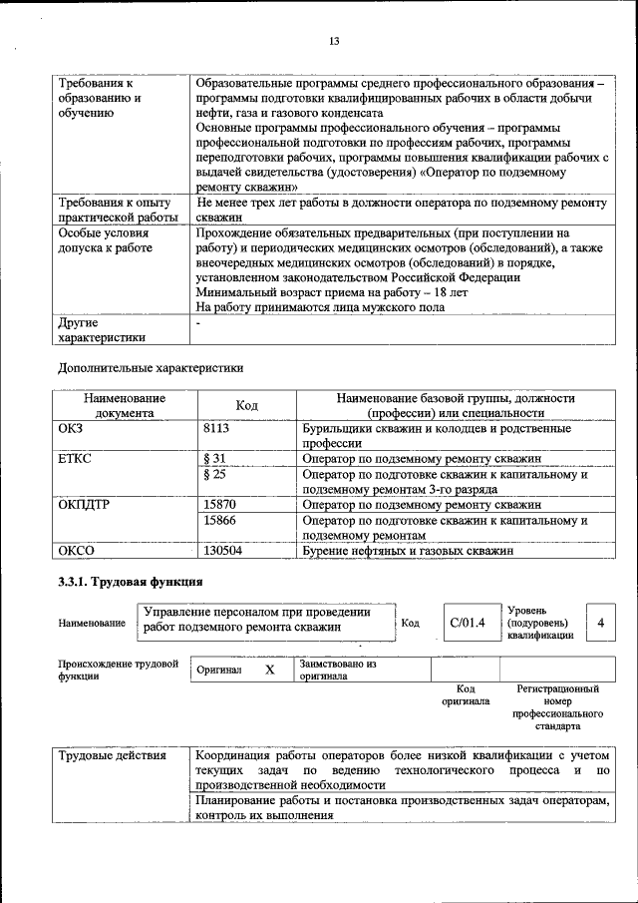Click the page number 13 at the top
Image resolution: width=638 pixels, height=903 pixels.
pos(334,41)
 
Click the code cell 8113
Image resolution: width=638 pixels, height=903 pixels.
pos(216,429)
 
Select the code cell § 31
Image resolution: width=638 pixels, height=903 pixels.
pos(215,458)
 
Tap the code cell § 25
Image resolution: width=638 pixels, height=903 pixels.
pos(214,474)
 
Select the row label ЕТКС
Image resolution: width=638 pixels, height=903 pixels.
pos(78,458)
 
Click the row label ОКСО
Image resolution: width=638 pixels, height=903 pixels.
pos(78,550)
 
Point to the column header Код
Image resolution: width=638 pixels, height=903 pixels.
pos(246,405)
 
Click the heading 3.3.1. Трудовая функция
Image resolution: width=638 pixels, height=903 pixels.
pos(131,582)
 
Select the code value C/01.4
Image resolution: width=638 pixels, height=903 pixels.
pos(467,623)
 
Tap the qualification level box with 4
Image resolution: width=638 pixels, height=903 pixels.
pos(600,623)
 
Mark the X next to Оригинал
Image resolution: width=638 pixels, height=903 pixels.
pos(269,670)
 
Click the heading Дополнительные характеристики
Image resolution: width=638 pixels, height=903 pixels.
pos(151,367)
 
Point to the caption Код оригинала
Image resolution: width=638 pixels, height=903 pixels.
pos(466,694)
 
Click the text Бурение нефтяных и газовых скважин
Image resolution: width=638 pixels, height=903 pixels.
pos(408,550)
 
